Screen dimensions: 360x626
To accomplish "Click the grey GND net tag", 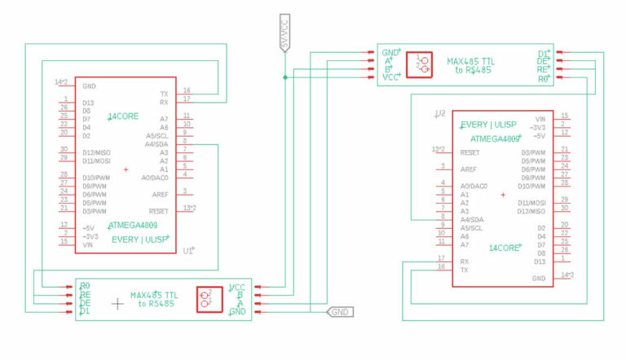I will click(x=340, y=311).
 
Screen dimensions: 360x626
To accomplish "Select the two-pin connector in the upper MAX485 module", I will click(x=422, y=64).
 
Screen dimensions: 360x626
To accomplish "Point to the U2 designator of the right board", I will click(x=440, y=113).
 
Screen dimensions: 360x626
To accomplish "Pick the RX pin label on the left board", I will click(x=164, y=102).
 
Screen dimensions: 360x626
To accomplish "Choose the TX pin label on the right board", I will click(x=464, y=269).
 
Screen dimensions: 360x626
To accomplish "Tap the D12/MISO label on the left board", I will click(x=97, y=151).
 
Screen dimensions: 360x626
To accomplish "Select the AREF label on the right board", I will click(x=468, y=169).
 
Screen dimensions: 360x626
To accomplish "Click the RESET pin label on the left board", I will click(x=159, y=210).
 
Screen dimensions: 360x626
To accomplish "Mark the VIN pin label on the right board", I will click(x=540, y=117).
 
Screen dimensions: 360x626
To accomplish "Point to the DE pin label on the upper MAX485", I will click(x=542, y=61).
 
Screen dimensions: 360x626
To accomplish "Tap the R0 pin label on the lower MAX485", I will click(x=85, y=286).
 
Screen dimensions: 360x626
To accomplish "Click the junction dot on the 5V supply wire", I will click(x=284, y=77).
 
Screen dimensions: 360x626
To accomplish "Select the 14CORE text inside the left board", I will click(x=123, y=117).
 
